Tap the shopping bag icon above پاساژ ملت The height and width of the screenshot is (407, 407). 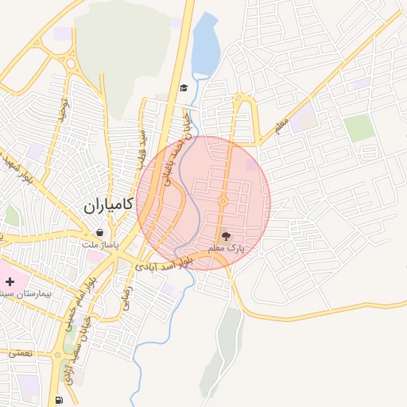pyautogui.click(x=99, y=232)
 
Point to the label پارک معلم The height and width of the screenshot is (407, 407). pyautogui.click(x=227, y=249)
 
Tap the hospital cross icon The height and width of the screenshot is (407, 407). pyautogui.click(x=10, y=282)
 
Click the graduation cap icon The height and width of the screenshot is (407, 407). pyautogui.click(x=184, y=87)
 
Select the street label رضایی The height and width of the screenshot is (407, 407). pyautogui.click(x=126, y=304)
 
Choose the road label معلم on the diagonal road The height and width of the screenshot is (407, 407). pyautogui.click(x=278, y=126)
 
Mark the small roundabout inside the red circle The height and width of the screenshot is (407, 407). pyautogui.click(x=223, y=200)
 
